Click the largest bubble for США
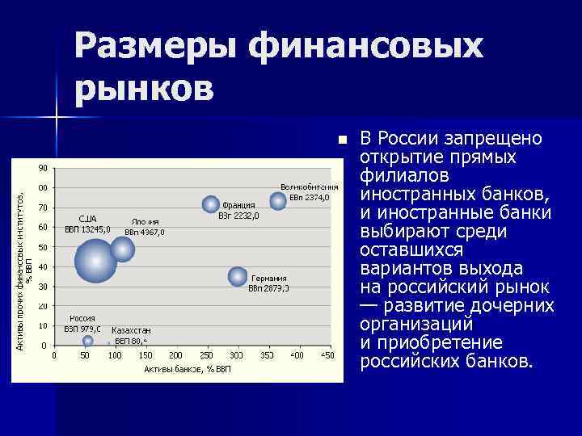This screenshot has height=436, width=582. point(96,260)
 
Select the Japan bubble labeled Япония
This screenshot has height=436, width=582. point(122,249)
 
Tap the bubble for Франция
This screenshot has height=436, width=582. point(211,204)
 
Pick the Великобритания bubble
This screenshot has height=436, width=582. point(278,201)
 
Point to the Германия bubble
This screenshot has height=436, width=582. point(238,276)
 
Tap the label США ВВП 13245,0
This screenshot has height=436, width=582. point(87,224)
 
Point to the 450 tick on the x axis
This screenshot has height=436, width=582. point(327,355)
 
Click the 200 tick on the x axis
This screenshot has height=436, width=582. point(175,355)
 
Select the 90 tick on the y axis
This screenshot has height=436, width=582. point(42,168)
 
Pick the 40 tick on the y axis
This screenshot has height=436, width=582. point(42,266)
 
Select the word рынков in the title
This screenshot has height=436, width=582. point(145,87)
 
